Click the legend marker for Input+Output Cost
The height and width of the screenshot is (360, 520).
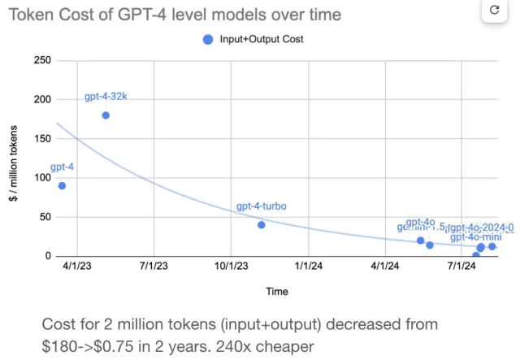click(x=209, y=39)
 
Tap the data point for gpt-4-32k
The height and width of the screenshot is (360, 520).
click(x=106, y=115)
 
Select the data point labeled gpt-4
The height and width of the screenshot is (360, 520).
click(x=62, y=185)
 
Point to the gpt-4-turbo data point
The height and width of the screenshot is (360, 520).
click(x=262, y=224)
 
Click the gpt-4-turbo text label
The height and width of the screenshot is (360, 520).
click(x=262, y=207)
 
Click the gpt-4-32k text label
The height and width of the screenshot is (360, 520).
click(x=106, y=98)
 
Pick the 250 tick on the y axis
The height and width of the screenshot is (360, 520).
click(x=41, y=61)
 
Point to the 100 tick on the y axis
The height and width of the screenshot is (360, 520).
click(x=41, y=178)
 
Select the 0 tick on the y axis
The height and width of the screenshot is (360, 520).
click(x=47, y=256)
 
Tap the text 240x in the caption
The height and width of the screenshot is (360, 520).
click(x=237, y=347)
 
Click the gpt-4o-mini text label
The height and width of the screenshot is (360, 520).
click(x=475, y=237)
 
